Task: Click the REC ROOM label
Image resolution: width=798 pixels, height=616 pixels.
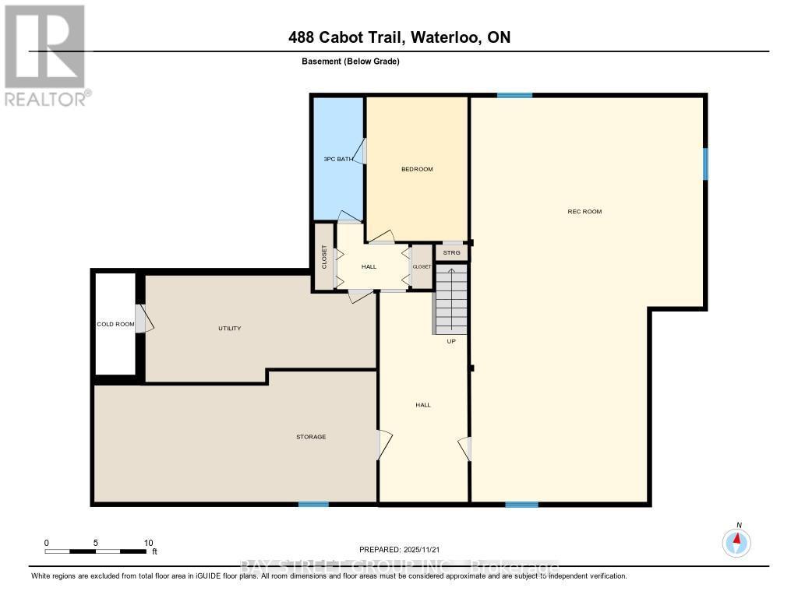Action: click(584, 212)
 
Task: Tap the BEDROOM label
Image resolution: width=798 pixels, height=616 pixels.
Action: click(417, 169)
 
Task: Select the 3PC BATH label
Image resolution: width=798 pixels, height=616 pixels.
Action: click(338, 160)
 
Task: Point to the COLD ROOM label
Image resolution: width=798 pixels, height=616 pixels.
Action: click(115, 324)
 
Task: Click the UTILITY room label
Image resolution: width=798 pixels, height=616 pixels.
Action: click(229, 329)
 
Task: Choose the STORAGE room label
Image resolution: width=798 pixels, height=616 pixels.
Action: click(310, 437)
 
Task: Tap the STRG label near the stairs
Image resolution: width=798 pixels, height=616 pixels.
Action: click(451, 253)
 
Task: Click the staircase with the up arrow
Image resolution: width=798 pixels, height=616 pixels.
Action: click(451, 299)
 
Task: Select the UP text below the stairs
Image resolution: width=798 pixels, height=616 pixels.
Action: click(450, 341)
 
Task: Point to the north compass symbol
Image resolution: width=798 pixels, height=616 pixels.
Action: click(737, 541)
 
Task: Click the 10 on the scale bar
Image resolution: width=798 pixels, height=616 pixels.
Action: click(148, 543)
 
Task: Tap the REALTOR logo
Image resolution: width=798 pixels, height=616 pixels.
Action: click(45, 55)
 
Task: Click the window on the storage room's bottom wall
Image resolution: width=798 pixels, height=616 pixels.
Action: click(313, 504)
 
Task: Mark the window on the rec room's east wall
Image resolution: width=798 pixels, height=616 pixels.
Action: click(705, 164)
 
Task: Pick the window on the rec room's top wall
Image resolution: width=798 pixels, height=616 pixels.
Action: click(514, 95)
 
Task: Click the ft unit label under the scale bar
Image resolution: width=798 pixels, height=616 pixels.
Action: click(154, 552)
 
